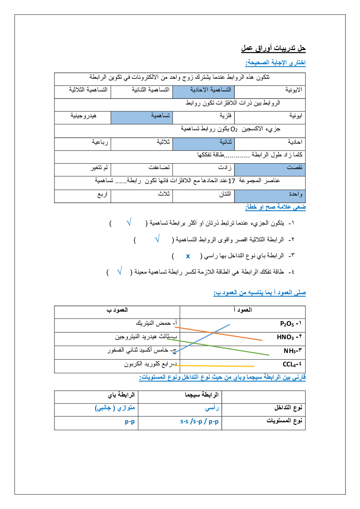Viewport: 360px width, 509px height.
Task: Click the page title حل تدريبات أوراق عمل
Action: (x=273, y=48)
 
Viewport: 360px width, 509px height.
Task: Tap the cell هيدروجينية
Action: (x=83, y=116)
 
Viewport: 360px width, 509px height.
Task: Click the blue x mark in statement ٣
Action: (x=188, y=256)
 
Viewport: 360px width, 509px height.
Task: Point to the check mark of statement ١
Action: (x=128, y=222)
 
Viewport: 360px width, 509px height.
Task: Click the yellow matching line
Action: (x=214, y=366)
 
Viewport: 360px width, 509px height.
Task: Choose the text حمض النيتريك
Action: (x=153, y=323)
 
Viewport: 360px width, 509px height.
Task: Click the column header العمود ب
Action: (x=117, y=310)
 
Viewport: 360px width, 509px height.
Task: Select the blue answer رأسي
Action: (x=212, y=408)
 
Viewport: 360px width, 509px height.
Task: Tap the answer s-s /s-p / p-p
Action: (x=199, y=422)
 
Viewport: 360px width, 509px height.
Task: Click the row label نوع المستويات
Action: (x=284, y=421)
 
